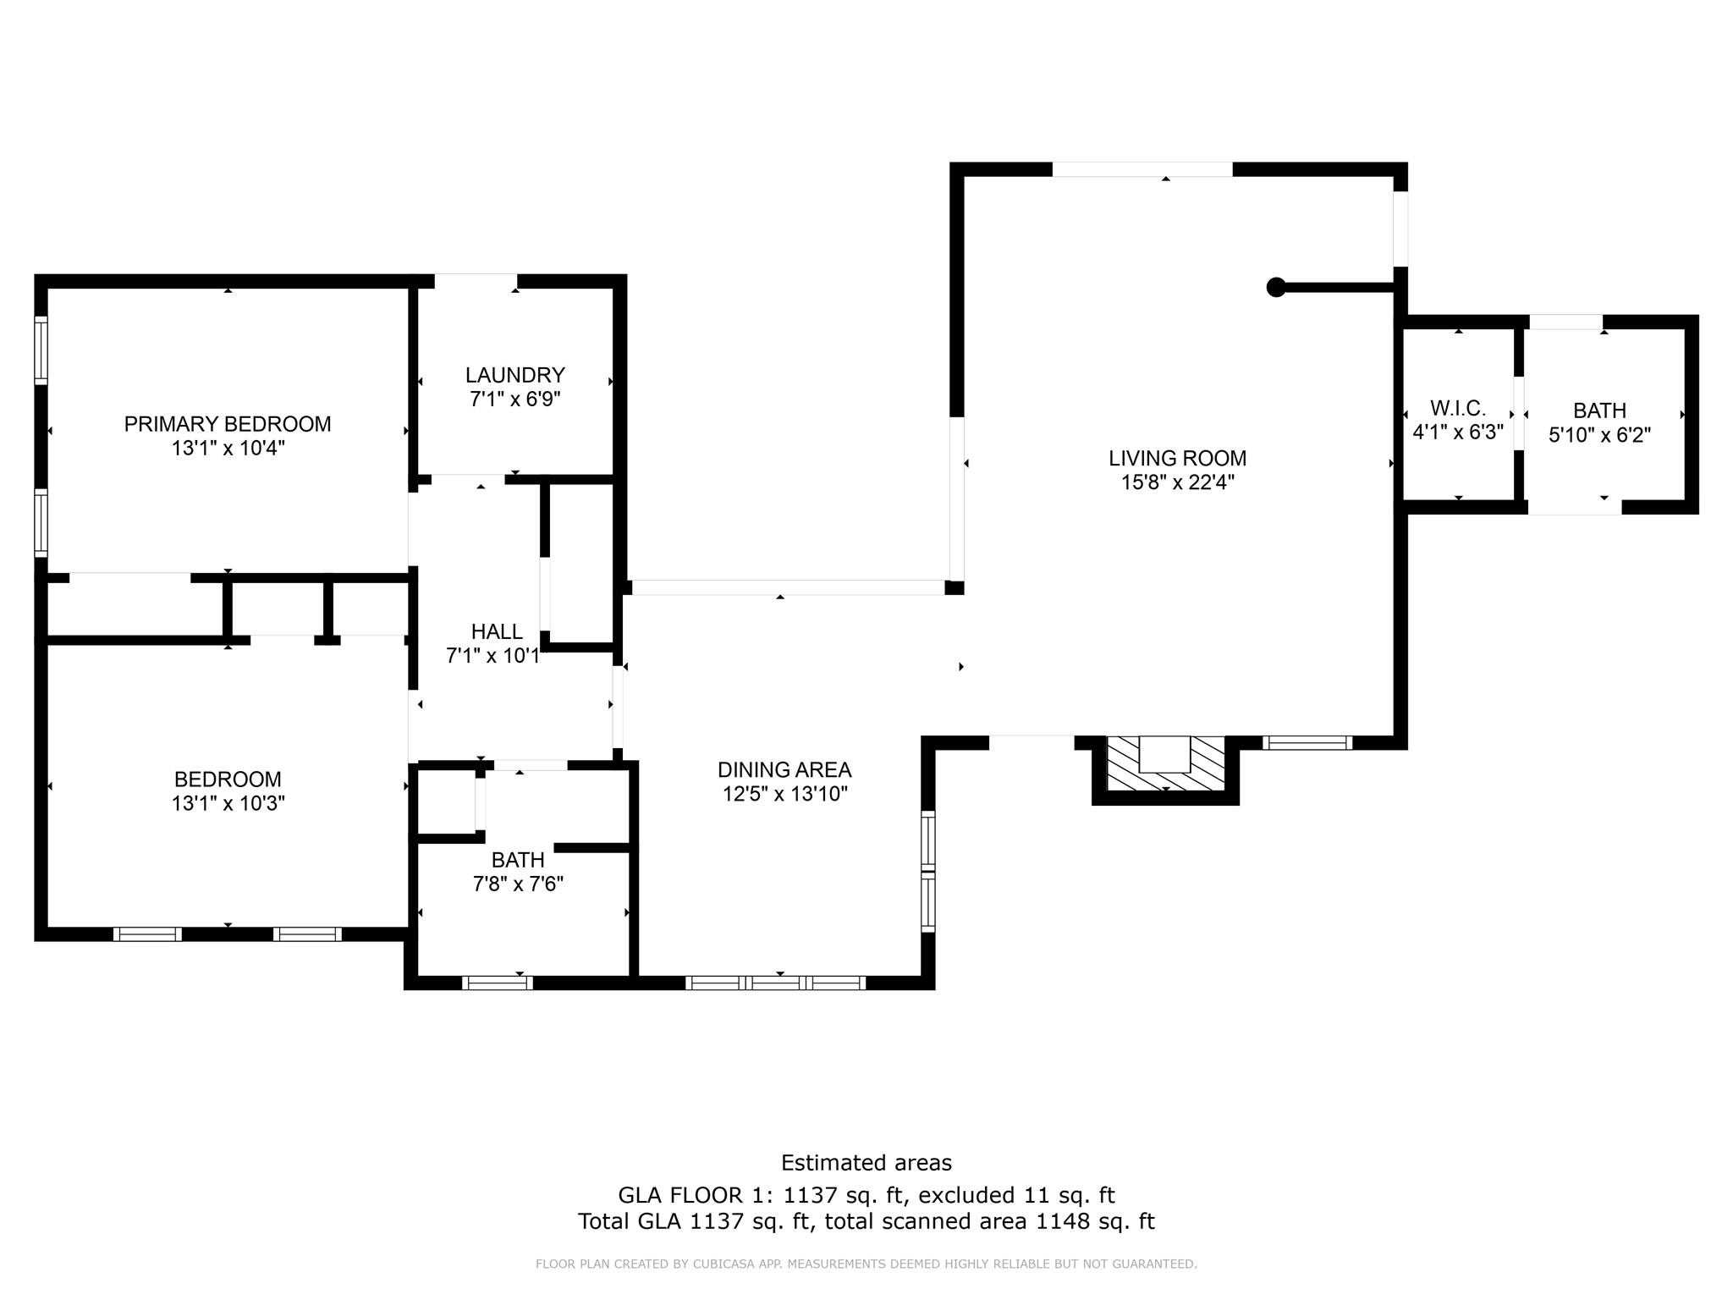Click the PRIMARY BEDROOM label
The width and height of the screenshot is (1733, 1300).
(x=227, y=424)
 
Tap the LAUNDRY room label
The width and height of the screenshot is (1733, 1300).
(x=514, y=375)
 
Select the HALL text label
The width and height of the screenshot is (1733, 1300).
(x=497, y=631)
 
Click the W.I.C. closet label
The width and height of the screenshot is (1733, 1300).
(x=1458, y=408)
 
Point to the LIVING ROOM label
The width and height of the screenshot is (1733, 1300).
(x=1177, y=458)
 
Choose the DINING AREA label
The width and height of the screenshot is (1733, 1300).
(x=784, y=769)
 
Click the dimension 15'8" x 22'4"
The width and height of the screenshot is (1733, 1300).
(x=1177, y=482)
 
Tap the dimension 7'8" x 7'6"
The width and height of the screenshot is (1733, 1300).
(x=518, y=884)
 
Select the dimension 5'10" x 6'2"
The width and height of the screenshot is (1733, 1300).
(x=1599, y=435)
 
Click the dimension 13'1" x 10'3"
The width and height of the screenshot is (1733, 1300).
(x=228, y=803)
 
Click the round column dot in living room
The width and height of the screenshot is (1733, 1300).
(x=1275, y=287)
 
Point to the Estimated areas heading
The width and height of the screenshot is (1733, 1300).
(x=866, y=1163)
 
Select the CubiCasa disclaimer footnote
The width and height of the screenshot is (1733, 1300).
(x=866, y=1264)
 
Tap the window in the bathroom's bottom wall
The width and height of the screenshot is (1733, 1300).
(x=497, y=983)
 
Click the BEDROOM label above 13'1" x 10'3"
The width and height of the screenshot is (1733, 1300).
(x=228, y=779)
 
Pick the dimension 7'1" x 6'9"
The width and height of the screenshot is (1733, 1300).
(x=514, y=399)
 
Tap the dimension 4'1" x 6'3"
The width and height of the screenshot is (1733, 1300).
(x=1458, y=432)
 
